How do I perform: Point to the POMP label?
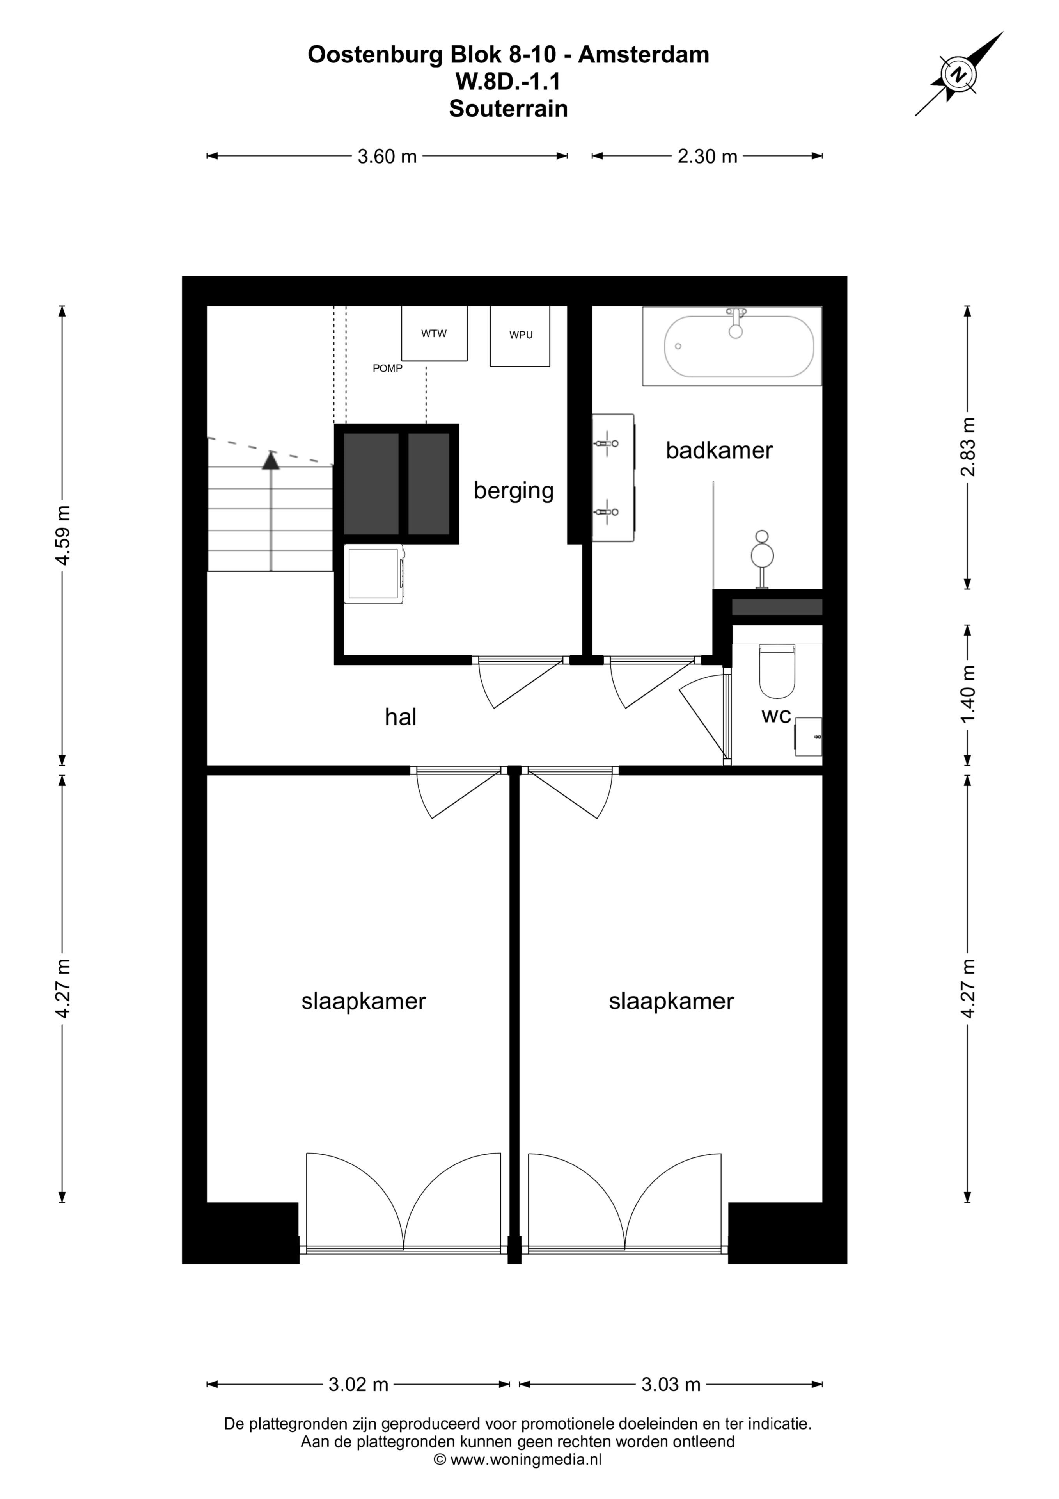(x=388, y=368)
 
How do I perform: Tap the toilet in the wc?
(x=777, y=671)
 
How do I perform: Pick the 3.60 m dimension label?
(x=387, y=157)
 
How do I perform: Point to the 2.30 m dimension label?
(x=707, y=157)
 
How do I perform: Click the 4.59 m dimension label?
(x=63, y=535)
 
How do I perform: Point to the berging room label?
(x=514, y=491)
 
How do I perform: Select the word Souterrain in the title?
(x=508, y=109)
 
